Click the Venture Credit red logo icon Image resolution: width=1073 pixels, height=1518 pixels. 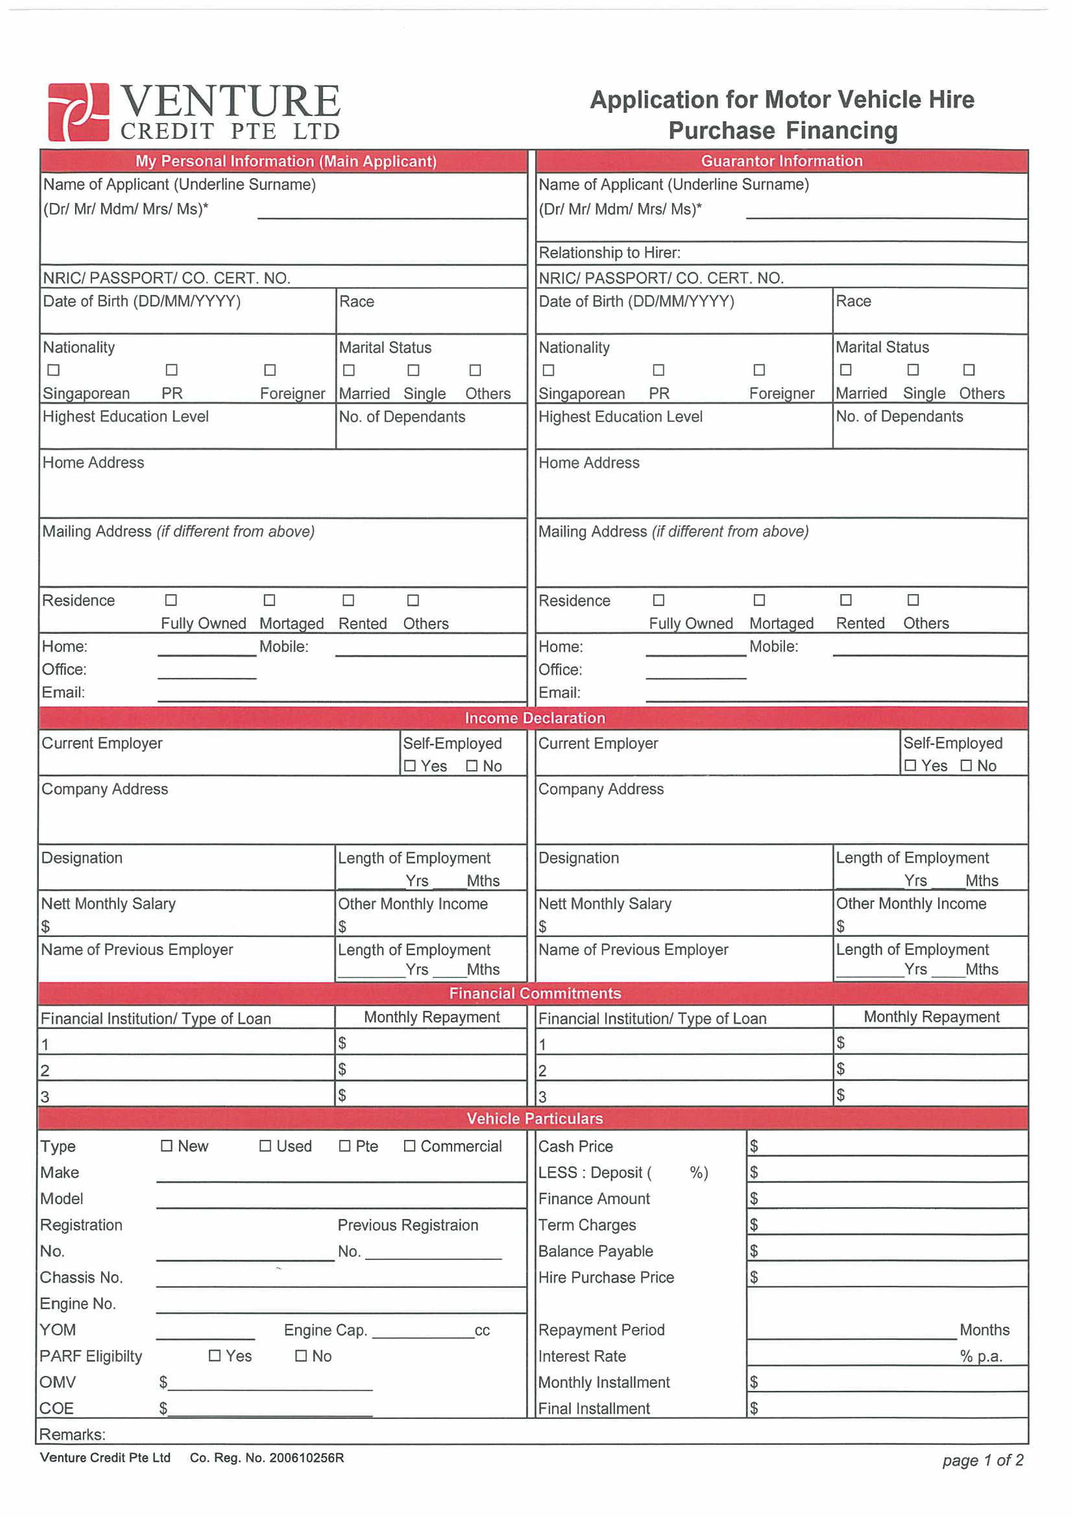pyautogui.click(x=78, y=112)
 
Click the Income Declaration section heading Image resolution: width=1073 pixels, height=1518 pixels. pyautogui.click(x=534, y=718)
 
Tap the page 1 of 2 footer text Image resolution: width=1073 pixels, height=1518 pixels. pyautogui.click(x=983, y=1460)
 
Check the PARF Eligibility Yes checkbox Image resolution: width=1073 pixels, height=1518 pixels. pyautogui.click(x=214, y=1356)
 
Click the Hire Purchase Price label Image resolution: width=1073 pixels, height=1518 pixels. pyautogui.click(x=606, y=1277)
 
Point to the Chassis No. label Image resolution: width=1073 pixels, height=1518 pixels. pyautogui.click(x=81, y=1277)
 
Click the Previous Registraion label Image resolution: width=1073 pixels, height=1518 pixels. pyautogui.click(x=407, y=1225)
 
